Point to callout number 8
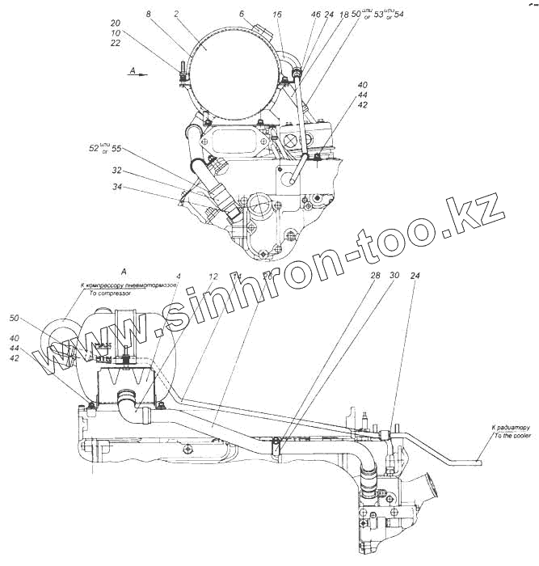(x=149, y=14)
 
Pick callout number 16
(x=277, y=14)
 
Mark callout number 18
(x=343, y=14)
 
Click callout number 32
(x=117, y=171)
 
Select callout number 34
(x=117, y=188)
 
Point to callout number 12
(x=213, y=277)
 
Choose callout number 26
(x=267, y=277)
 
